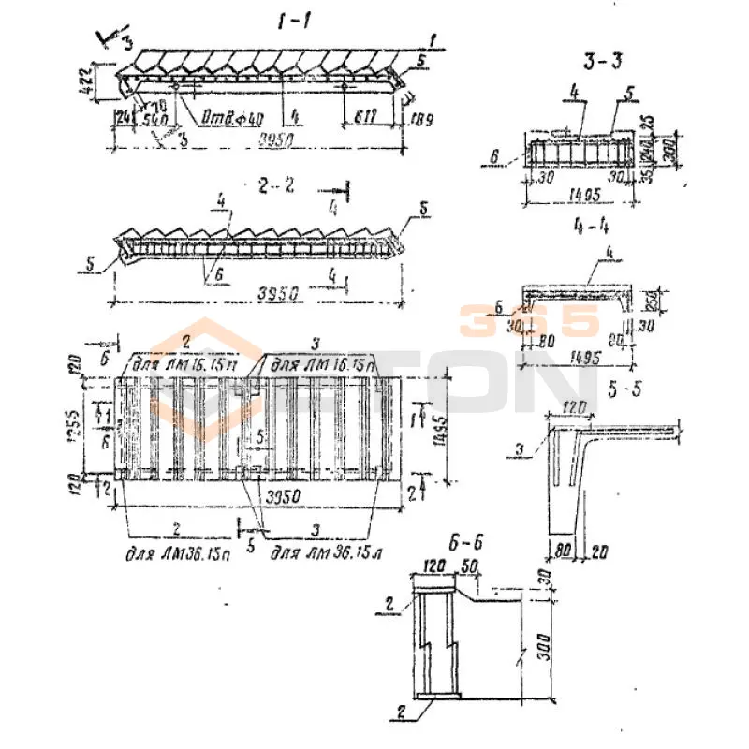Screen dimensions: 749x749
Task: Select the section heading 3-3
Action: pos(598,66)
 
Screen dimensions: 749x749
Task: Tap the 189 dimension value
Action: pos(419,119)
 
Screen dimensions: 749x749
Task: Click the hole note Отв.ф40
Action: pos(212,118)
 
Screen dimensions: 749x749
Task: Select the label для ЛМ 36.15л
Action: pos(314,555)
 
